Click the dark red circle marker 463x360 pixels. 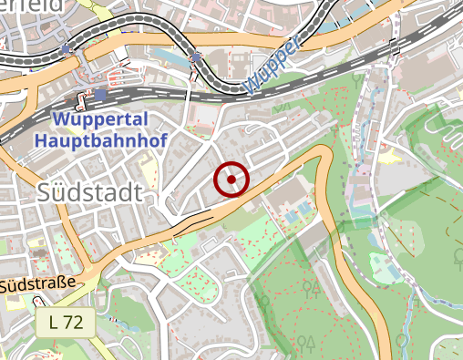point(231,180)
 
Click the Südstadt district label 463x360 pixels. point(91,192)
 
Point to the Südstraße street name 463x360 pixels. point(36,285)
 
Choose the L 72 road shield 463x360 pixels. point(67,322)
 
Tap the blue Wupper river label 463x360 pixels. point(273,67)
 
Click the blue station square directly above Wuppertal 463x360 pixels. point(98,93)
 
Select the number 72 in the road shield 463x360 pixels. point(75,322)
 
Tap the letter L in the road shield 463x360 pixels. point(55,322)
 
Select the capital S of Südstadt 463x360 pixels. point(48,193)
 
